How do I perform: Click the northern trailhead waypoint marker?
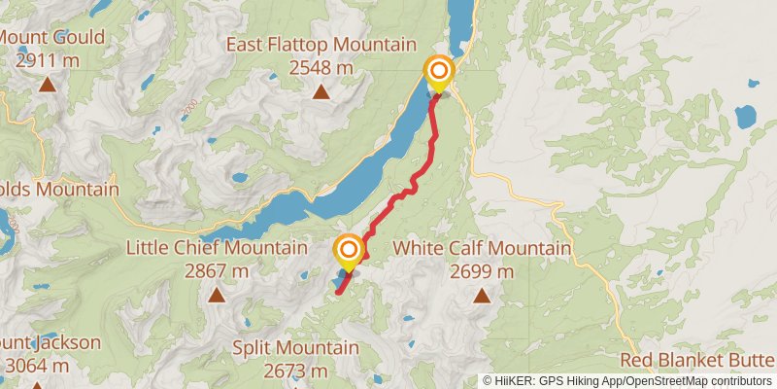pos(439,72)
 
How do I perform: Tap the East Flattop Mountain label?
pos(321,45)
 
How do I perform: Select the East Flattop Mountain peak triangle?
pos(321,92)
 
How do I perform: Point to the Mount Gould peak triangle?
pos(47,84)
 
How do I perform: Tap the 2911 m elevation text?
pos(47,60)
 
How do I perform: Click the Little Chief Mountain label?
pos(217,248)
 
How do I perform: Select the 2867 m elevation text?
pos(217,271)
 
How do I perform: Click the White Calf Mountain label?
pos(482,248)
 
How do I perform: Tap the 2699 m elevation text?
pos(482,271)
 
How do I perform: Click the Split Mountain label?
pos(295,347)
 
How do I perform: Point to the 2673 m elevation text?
pos(295,371)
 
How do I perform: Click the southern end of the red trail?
pos(338,291)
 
